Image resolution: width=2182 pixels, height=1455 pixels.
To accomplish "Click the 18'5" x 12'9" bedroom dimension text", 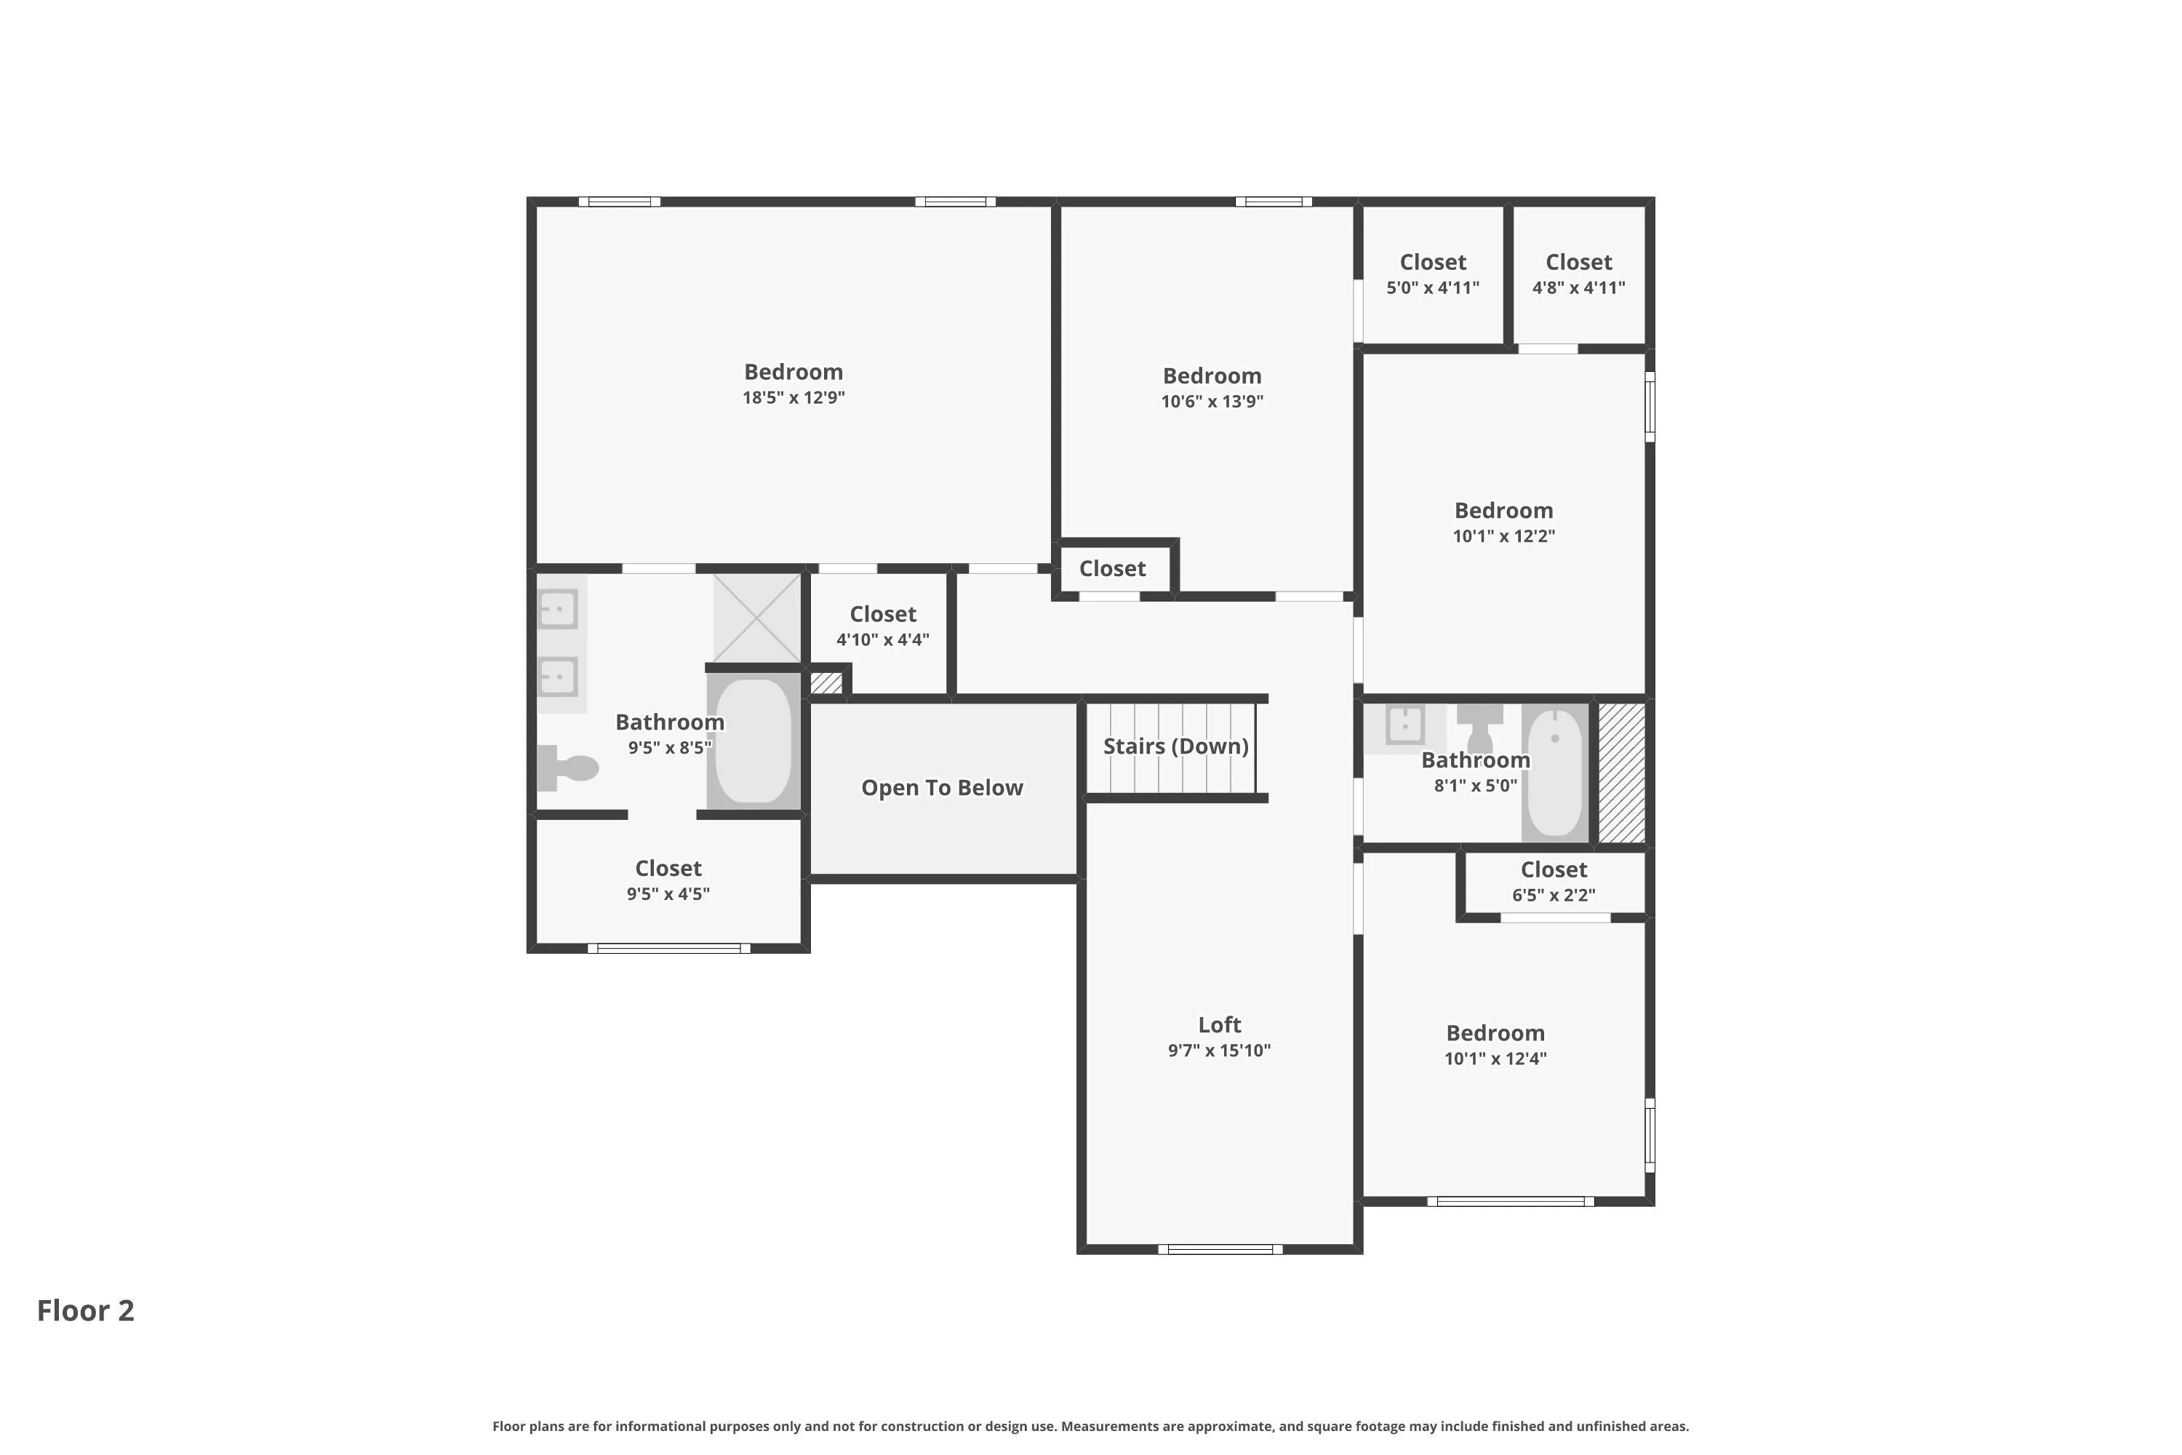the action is tap(794, 397).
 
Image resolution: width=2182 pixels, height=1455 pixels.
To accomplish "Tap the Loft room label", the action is tap(1219, 1024).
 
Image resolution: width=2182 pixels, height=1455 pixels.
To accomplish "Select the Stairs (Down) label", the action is tap(1175, 746).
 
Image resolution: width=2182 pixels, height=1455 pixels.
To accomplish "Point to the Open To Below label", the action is tap(942, 788).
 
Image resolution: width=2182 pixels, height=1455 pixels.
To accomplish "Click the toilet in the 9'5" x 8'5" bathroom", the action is tap(568, 768).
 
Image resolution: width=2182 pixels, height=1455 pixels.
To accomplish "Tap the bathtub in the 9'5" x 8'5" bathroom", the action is tap(754, 741).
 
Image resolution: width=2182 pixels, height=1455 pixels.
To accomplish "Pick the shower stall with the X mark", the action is tap(757, 618).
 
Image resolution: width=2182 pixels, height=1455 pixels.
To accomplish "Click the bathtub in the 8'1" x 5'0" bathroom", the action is tap(1555, 773).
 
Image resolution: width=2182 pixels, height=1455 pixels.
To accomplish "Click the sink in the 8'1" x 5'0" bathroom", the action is tap(1404, 725).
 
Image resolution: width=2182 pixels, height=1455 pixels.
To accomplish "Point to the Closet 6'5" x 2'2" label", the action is tap(1554, 882).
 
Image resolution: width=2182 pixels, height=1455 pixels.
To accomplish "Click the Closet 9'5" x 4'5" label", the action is tap(668, 880).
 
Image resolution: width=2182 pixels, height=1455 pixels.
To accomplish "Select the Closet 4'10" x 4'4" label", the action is tap(882, 626).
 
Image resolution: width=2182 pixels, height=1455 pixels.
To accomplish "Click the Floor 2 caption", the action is tap(85, 1310).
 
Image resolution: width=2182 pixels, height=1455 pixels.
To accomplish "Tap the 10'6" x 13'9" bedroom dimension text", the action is tap(1212, 401).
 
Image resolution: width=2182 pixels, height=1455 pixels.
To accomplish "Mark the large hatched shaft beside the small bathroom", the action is tap(1622, 773).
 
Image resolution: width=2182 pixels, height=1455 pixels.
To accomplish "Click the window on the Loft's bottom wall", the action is tap(1220, 1249).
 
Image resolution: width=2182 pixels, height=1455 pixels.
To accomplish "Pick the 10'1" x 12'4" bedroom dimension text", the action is tap(1495, 1058).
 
